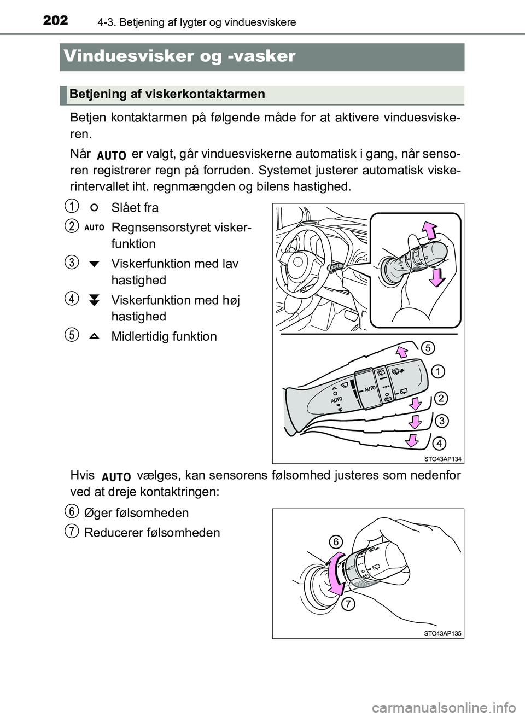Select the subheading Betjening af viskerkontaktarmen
tap(167, 94)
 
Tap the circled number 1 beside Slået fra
tap(69, 207)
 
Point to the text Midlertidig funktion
tap(164, 336)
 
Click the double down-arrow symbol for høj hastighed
tap(94, 300)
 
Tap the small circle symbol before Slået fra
tap(94, 207)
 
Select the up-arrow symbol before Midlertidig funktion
tap(94, 336)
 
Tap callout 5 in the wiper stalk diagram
tap(428, 347)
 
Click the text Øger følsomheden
tap(137, 513)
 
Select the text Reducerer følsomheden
tap(152, 533)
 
